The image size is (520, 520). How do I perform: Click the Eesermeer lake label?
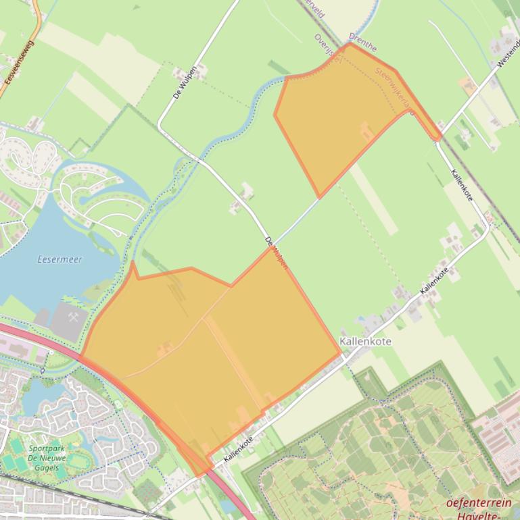coord(60,259)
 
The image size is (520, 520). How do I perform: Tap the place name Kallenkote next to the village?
coord(366,342)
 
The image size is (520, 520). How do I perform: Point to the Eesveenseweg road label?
coord(19,61)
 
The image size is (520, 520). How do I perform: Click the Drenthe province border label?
coord(362,43)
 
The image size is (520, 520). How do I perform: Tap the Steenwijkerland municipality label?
coord(393,86)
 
